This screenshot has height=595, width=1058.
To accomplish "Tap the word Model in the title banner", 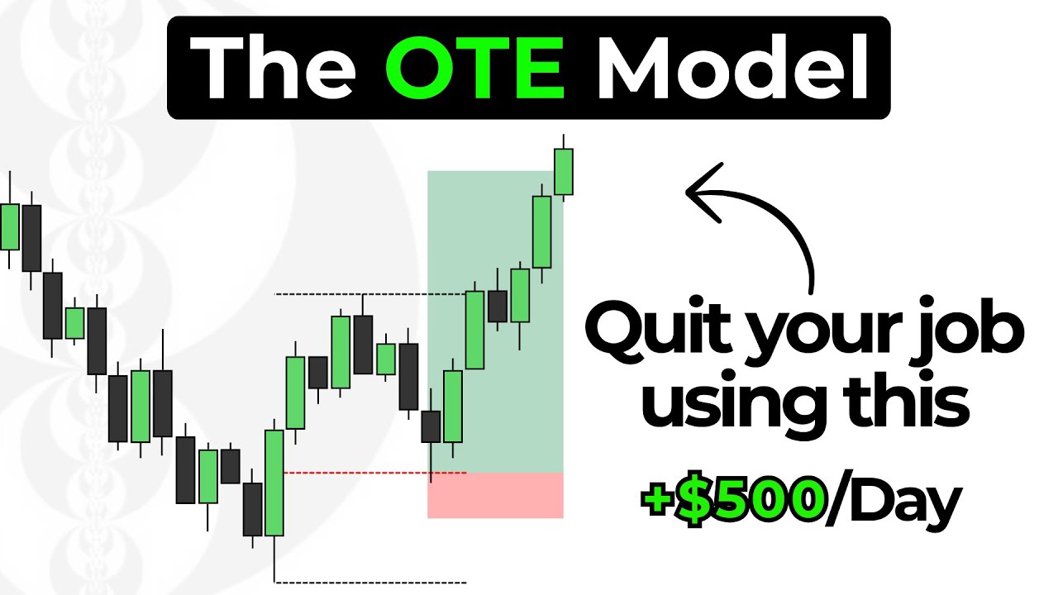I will (x=732, y=68).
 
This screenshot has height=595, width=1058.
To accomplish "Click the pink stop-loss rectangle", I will (x=495, y=495).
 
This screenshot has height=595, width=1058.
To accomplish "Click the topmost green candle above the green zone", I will (x=563, y=171).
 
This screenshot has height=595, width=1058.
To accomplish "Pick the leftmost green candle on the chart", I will (x=10, y=226).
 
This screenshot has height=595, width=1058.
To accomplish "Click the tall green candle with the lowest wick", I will (x=274, y=483).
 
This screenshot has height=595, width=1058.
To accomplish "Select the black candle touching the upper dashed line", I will (x=363, y=344).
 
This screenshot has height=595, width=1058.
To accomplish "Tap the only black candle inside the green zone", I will (x=498, y=306).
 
